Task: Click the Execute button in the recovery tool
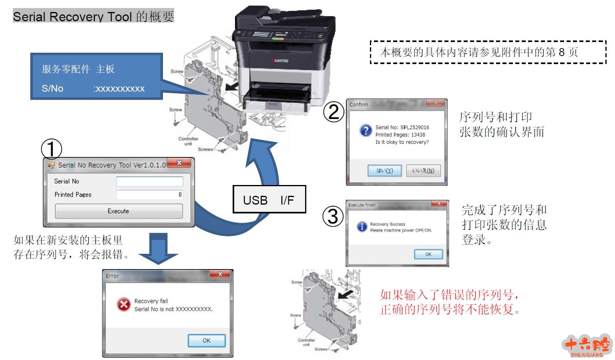coord(119,211)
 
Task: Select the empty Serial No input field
coord(149,181)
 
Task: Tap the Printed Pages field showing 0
coord(149,195)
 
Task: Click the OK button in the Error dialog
coord(207,340)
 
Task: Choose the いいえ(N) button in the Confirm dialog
coord(423,171)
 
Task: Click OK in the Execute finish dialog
coord(428,254)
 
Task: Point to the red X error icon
coord(124,305)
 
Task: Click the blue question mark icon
coord(365,131)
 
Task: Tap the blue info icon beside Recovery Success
coord(362,227)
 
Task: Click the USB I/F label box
coord(269,199)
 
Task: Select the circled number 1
coord(52,149)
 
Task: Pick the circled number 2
coord(334,112)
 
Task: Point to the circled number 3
coord(333,216)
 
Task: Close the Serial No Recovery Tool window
coord(179,163)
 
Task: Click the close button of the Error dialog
coord(220,274)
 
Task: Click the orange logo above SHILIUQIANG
coord(587,344)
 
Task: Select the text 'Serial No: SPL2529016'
coord(402,127)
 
